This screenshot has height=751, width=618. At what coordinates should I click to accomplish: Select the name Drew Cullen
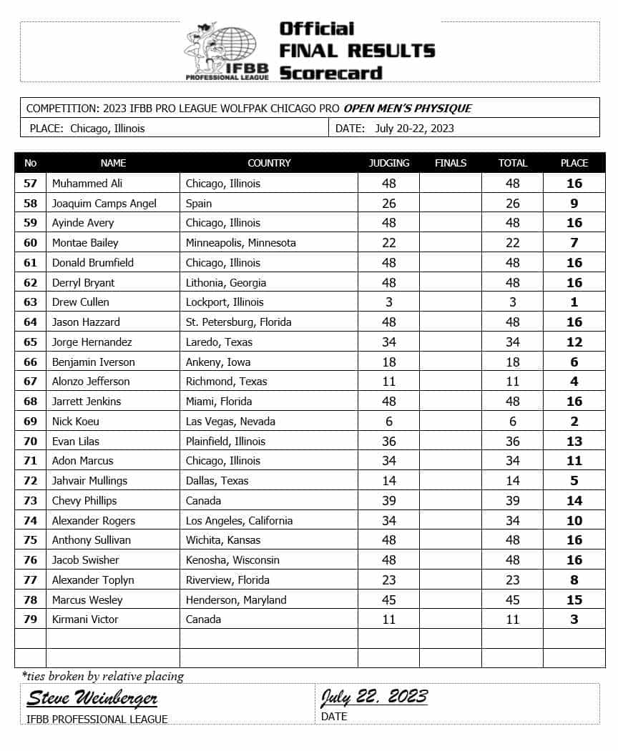click(81, 302)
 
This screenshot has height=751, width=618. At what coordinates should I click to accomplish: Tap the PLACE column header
click(574, 163)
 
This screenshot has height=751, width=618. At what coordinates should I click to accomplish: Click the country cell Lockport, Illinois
click(225, 302)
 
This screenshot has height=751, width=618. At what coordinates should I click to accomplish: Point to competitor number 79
click(30, 620)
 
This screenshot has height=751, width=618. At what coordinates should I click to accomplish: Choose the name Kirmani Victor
click(85, 620)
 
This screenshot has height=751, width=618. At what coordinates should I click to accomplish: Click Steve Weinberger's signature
click(92, 698)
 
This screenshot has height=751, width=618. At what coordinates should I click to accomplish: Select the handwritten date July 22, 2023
click(374, 697)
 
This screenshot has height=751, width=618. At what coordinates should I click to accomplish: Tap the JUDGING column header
click(389, 163)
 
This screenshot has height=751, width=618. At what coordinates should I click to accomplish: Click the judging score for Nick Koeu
click(389, 422)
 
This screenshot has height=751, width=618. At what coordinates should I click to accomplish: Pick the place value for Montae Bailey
click(574, 243)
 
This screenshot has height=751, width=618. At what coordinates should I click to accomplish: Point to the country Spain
click(199, 204)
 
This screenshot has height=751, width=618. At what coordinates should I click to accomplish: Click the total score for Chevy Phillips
click(513, 501)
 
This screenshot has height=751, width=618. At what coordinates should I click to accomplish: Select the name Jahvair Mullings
click(89, 481)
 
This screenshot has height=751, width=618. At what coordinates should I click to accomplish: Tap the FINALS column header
click(451, 163)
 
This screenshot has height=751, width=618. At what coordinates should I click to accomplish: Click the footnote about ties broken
click(103, 676)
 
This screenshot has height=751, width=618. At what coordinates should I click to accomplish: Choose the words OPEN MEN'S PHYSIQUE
click(408, 109)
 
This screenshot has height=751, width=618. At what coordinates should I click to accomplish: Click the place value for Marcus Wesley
click(574, 600)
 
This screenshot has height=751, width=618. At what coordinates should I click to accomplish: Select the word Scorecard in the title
click(330, 73)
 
